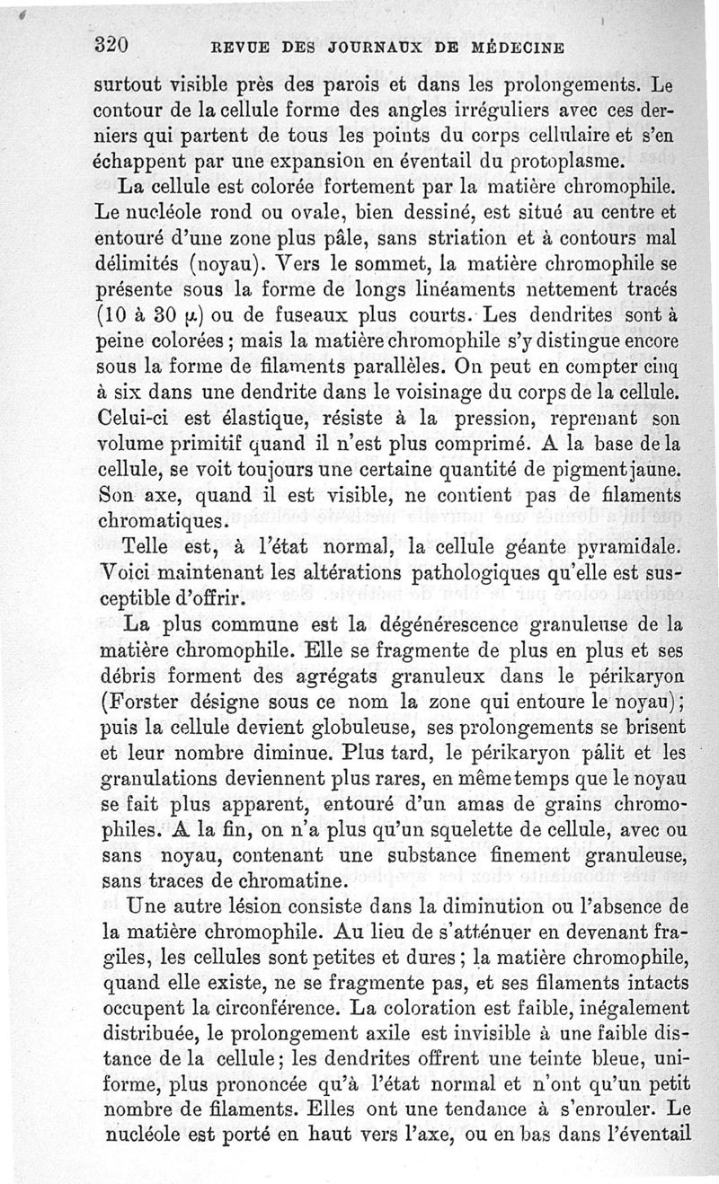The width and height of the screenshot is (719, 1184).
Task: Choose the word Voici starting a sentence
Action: point(120,572)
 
